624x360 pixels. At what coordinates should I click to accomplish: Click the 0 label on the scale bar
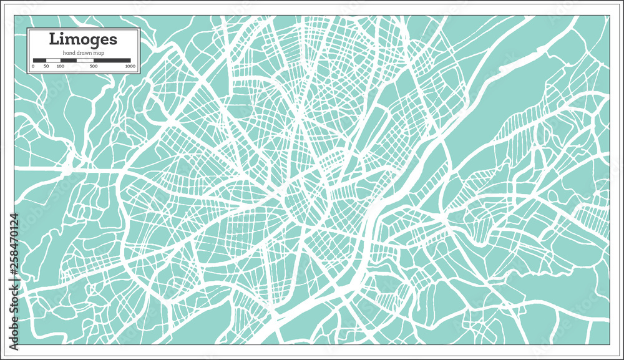pos(33,66)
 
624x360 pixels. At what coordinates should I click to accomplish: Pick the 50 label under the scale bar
pos(46,66)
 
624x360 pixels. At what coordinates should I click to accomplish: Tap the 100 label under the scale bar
pos(60,66)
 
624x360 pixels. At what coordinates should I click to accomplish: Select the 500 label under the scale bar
pos(94,66)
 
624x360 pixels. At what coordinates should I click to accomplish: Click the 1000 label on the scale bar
pos(130,66)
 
